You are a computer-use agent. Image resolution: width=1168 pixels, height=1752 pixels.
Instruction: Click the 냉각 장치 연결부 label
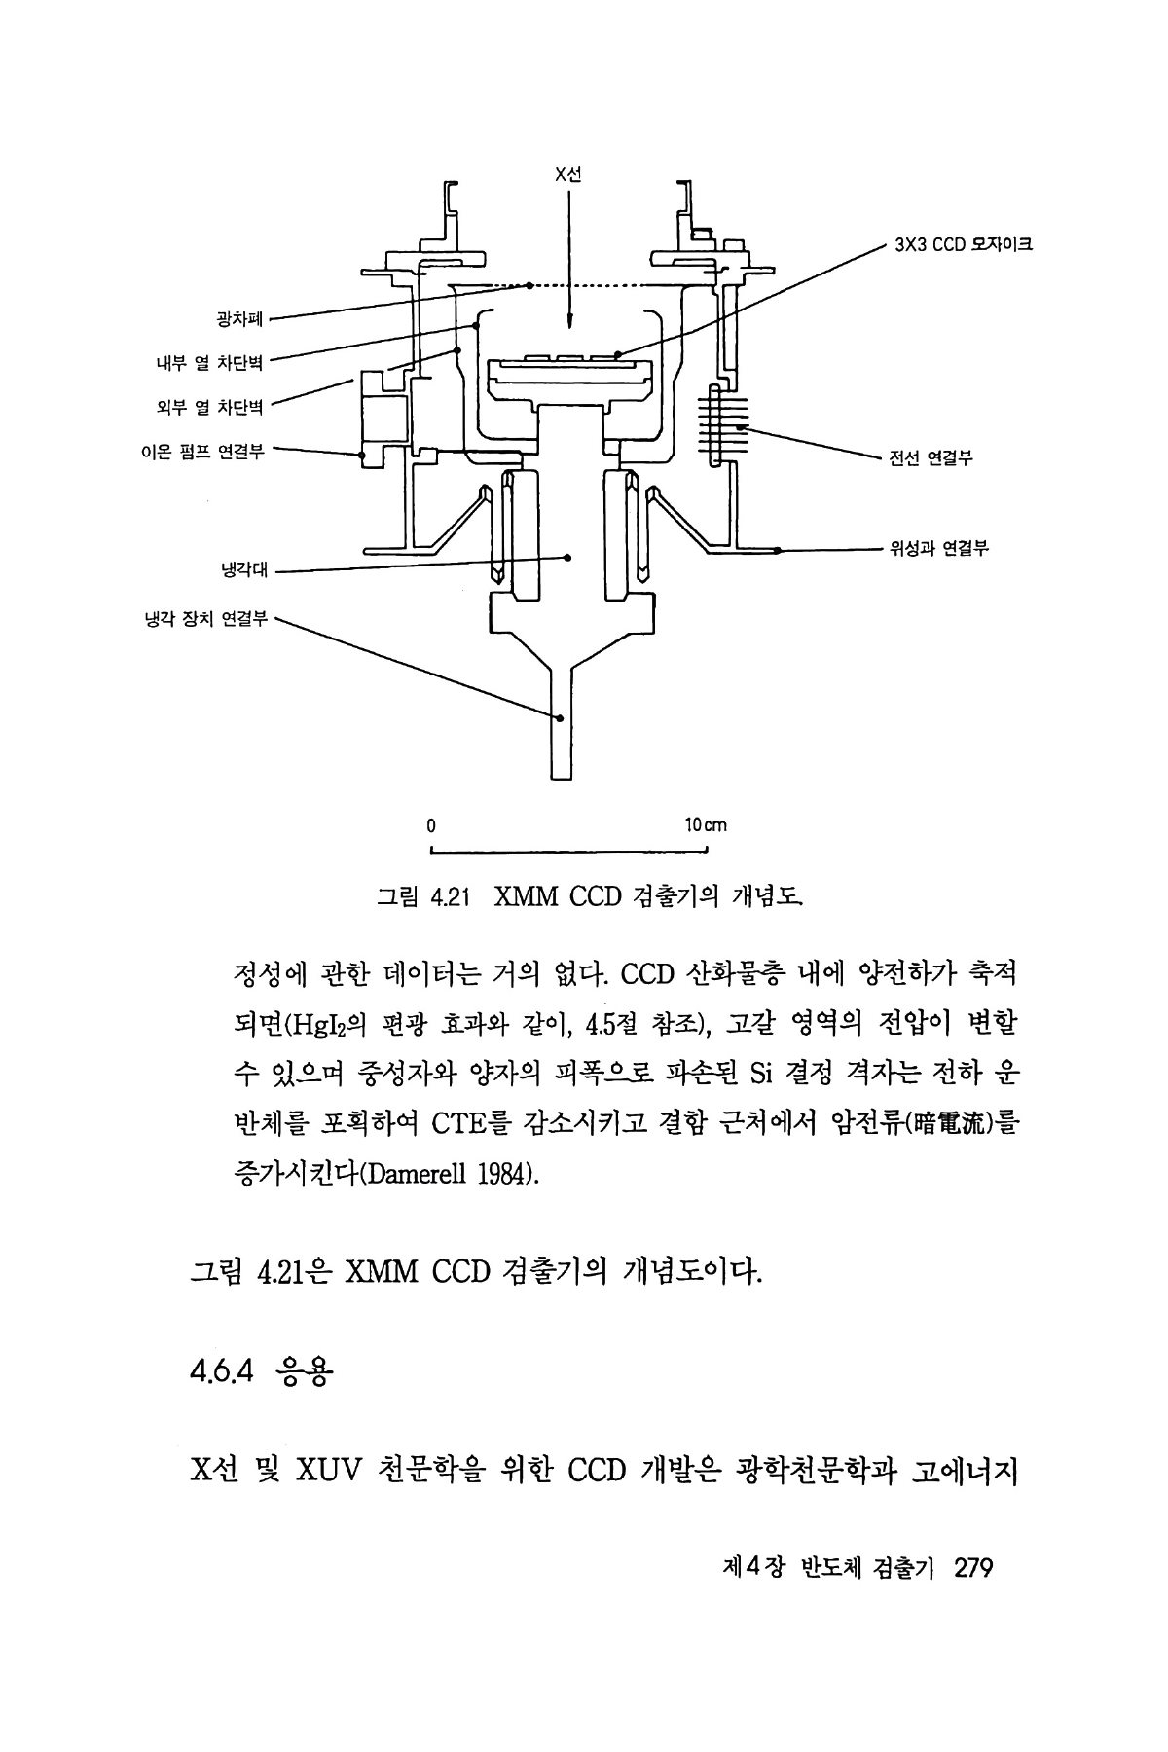[204, 618]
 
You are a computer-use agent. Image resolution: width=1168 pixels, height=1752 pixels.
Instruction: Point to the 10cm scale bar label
[706, 825]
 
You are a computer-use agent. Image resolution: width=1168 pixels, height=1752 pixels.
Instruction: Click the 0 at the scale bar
[430, 825]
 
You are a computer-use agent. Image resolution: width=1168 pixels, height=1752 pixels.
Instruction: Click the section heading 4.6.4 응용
[262, 1376]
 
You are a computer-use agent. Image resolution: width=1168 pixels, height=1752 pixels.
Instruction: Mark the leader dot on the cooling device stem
[560, 718]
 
